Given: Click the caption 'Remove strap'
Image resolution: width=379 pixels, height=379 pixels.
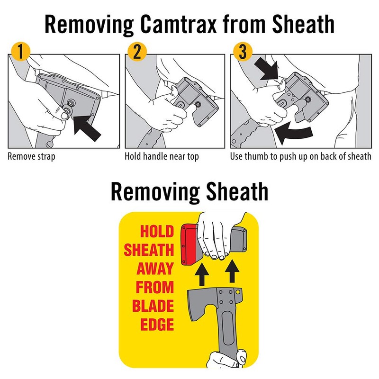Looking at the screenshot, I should [31, 156].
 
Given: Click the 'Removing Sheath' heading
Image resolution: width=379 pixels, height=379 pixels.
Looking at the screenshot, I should [189, 192].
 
